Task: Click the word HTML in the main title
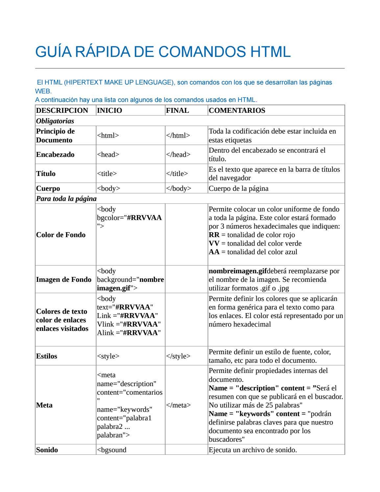click(271, 52)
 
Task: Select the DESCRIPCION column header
click(62, 111)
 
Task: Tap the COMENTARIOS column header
click(237, 111)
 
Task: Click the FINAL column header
click(178, 111)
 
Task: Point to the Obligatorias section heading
click(55, 121)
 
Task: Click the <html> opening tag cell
click(108, 135)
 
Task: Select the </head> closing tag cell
click(178, 155)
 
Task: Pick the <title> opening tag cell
click(107, 174)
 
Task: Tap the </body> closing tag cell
click(178, 188)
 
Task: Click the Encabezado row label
click(55, 155)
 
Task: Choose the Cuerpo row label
click(48, 188)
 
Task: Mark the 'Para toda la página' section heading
click(66, 199)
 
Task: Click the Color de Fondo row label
click(61, 235)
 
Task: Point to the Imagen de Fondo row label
click(64, 280)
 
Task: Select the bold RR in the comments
click(214, 235)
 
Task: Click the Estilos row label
click(47, 356)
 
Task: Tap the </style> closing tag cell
click(178, 356)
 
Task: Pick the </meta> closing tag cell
click(178, 405)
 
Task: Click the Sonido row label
click(47, 450)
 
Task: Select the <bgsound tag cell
click(112, 450)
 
